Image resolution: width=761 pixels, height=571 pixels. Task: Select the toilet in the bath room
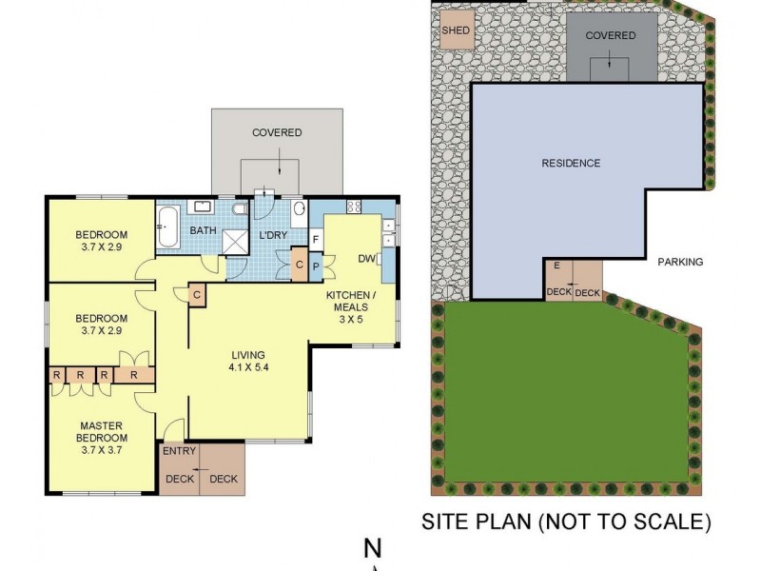point(239,207)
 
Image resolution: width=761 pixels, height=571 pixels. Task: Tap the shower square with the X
point(234,243)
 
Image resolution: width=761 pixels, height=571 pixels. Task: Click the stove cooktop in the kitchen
point(354,207)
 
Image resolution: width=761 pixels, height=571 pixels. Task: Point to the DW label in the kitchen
point(366,258)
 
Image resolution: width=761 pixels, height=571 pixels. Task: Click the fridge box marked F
point(316,240)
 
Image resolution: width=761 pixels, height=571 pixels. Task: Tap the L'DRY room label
point(273,235)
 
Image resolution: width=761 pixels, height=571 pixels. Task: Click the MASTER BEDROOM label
point(102,437)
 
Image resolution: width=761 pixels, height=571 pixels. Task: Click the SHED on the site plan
point(455,30)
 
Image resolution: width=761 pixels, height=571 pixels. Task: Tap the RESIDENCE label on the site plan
point(571,163)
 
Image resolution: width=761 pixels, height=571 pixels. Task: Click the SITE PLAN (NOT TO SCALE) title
point(566,522)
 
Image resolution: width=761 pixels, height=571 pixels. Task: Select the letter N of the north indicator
point(373,549)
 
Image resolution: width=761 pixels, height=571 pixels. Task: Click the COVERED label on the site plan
point(610,35)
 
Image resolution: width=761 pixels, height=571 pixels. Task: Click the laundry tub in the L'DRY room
point(298,208)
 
